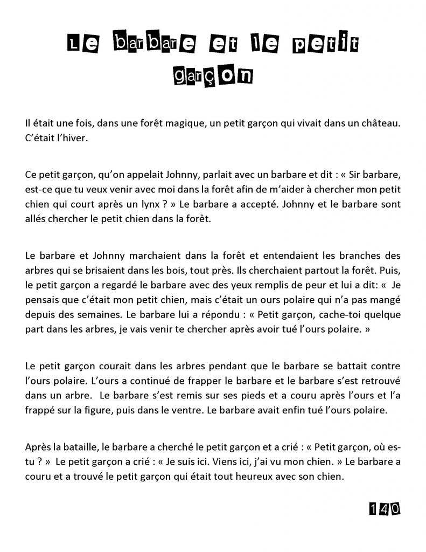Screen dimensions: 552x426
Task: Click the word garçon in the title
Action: click(212, 75)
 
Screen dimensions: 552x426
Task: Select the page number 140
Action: click(384, 508)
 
